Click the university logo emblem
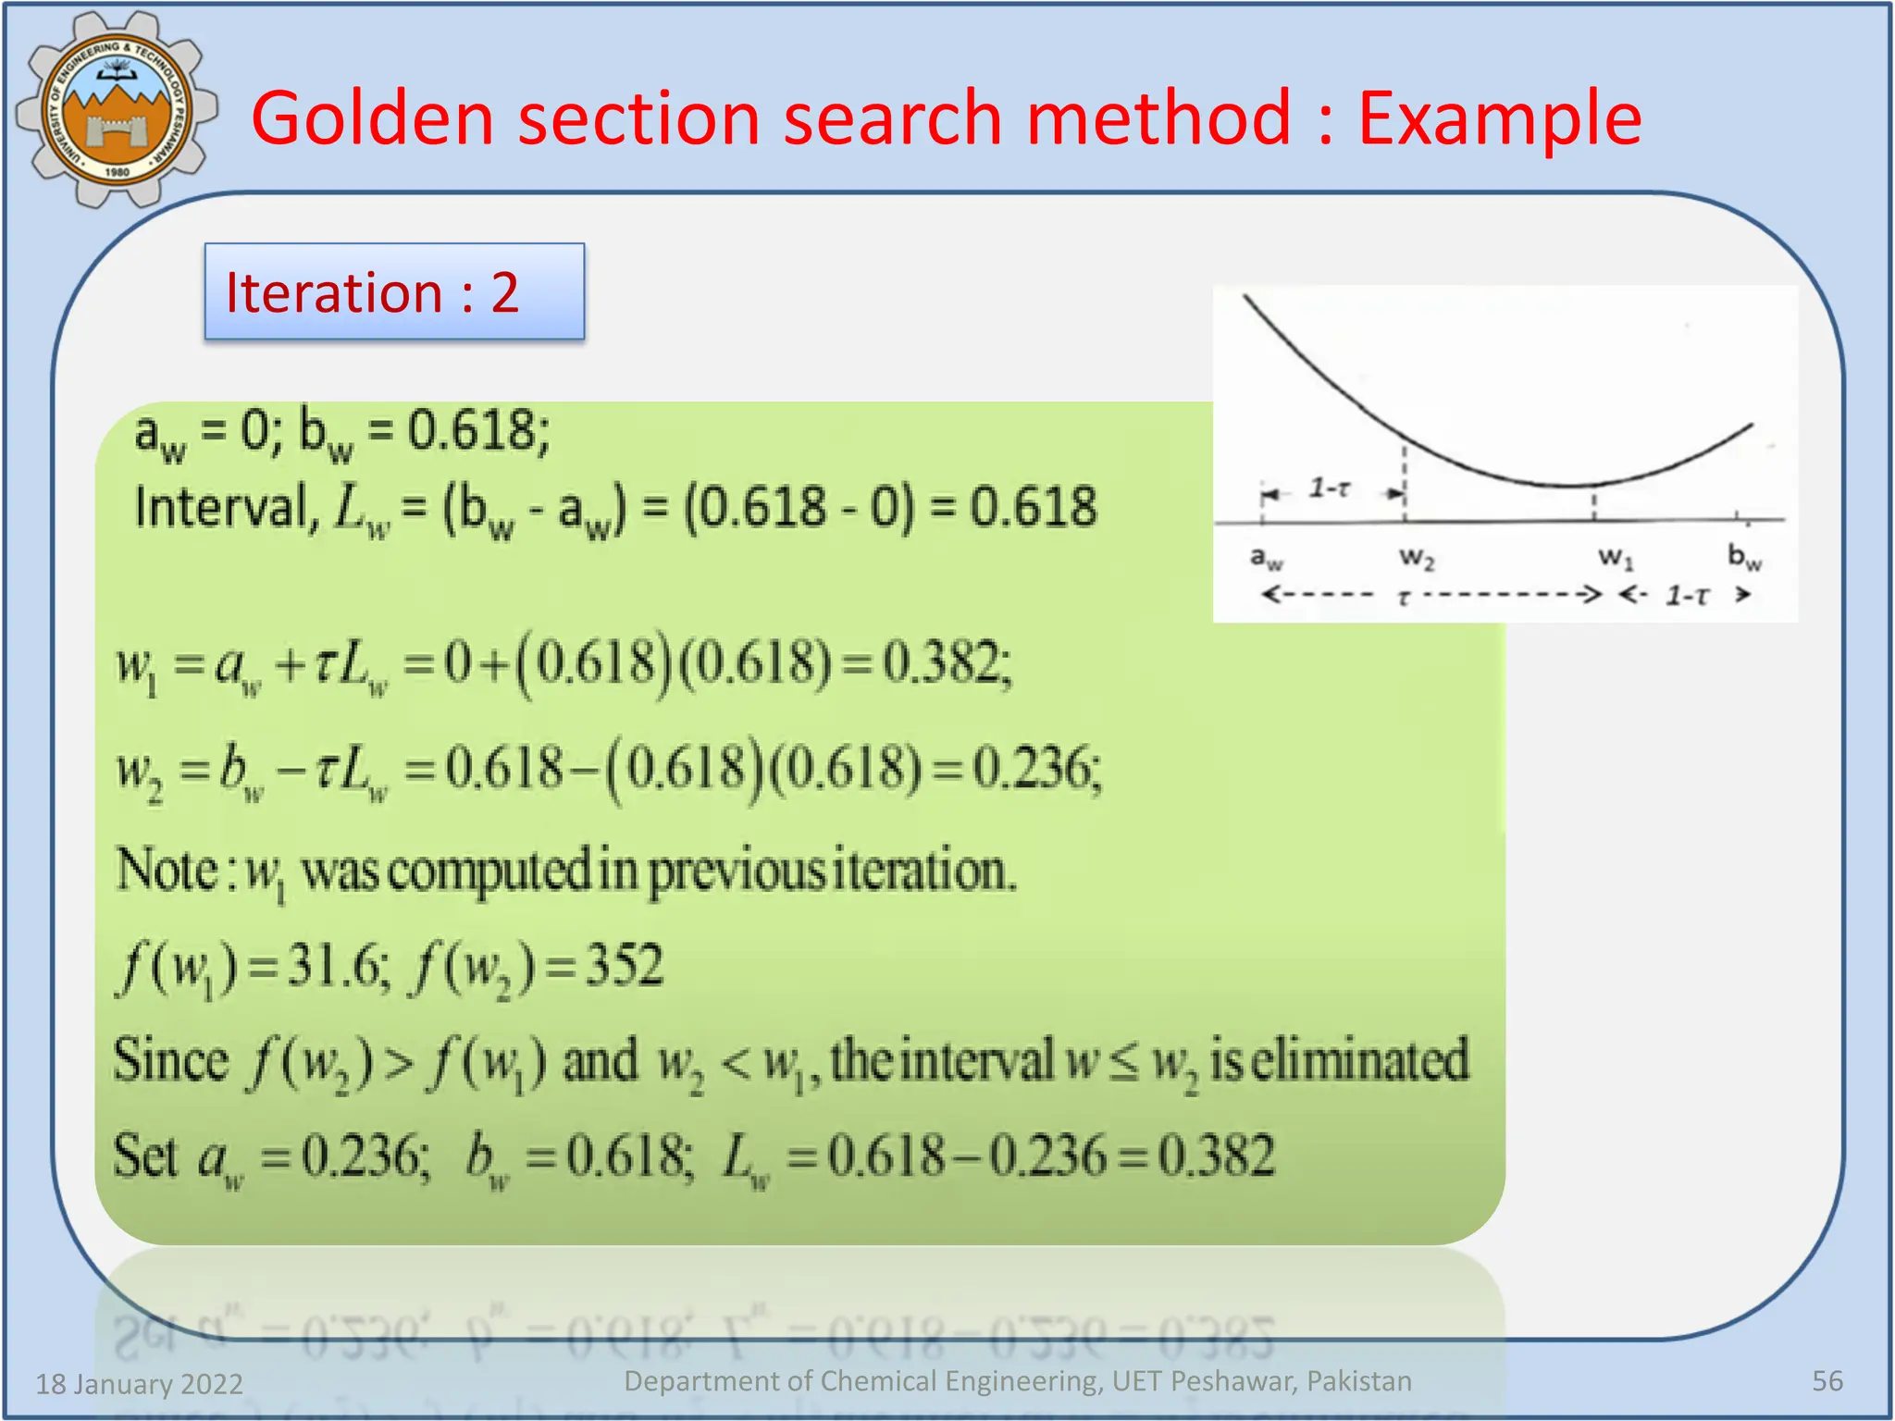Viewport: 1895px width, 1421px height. point(116,109)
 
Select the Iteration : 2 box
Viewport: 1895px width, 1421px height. point(394,292)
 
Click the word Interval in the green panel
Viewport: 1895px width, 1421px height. point(223,507)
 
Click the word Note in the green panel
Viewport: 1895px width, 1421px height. point(167,870)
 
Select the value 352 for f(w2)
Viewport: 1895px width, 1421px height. point(624,966)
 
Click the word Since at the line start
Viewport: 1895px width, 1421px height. point(170,1060)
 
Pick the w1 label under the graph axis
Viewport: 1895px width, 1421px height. point(1616,558)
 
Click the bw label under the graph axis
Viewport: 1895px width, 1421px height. point(1744,558)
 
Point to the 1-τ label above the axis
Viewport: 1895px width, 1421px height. point(1329,488)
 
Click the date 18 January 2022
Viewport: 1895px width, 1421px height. point(139,1384)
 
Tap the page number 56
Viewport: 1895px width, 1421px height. point(1827,1381)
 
